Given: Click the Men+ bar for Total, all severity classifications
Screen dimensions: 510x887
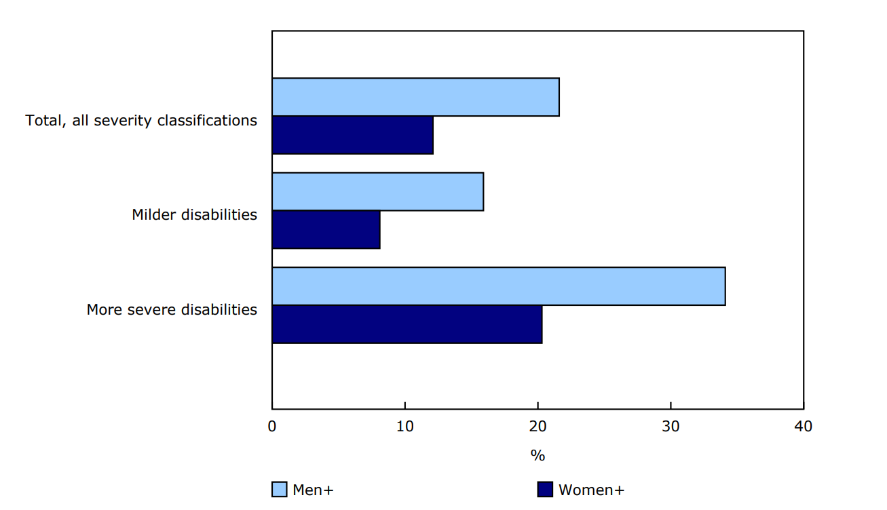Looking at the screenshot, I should point(415,97).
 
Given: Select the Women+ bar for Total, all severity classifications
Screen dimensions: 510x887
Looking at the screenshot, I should point(352,135).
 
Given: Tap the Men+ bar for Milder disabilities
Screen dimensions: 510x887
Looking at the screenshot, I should point(377,192).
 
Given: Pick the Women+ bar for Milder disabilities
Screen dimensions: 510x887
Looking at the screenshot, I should point(326,230).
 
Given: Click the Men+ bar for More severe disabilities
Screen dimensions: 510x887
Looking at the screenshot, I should point(498,286).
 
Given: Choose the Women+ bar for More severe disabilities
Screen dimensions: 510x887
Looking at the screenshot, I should point(407,324).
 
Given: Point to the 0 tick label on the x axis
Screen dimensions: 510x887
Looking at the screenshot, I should point(272,427).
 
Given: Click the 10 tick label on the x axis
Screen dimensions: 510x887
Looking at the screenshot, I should point(405,427).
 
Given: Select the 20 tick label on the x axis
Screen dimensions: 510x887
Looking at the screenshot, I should point(537,427).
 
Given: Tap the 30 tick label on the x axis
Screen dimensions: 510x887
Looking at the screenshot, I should point(671,427).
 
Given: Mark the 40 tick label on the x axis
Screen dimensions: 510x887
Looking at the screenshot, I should point(803,427).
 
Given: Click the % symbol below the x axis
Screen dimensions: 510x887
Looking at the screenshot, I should point(537,456).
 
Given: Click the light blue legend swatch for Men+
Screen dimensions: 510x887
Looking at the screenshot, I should point(279,490).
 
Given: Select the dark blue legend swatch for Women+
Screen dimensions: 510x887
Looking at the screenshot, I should point(545,490).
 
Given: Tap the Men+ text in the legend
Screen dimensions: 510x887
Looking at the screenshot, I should point(313,490).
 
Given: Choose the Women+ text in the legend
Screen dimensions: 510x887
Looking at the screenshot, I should point(591,490).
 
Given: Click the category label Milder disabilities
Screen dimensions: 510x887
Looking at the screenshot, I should point(195,215).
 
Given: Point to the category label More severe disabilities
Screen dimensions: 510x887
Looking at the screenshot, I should point(172,310).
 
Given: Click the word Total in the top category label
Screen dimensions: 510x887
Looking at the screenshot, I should point(43,121).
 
